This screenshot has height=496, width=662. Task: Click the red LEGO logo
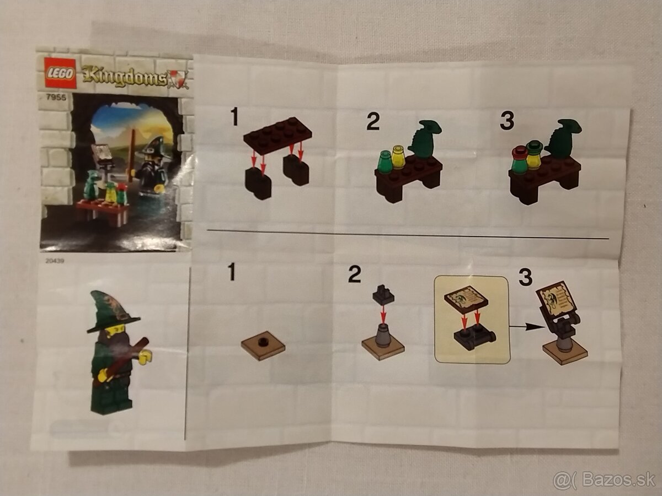60,73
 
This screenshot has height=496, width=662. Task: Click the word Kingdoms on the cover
125,77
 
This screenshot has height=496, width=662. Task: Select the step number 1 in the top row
235,117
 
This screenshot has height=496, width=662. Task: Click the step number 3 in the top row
506,121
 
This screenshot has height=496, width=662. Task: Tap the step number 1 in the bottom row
232,272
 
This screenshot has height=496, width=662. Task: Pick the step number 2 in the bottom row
355,273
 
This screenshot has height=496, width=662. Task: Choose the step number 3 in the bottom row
525,277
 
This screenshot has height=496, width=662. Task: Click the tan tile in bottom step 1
263,346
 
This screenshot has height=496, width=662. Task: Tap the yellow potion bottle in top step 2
398,157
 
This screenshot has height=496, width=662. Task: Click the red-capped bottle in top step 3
519,160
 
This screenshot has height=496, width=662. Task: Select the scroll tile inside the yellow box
466,299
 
